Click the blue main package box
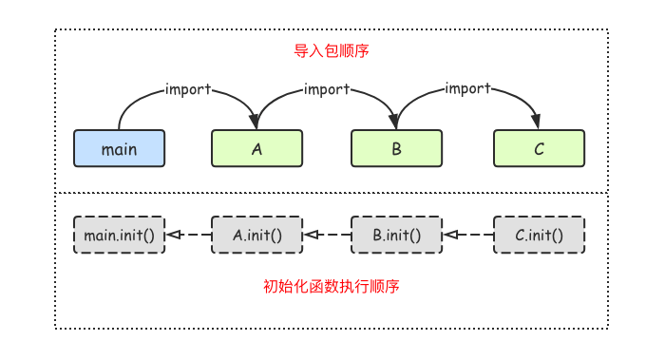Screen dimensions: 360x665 119,148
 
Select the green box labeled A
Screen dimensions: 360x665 256,148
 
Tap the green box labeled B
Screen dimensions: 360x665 397,148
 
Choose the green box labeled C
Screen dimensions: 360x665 539,148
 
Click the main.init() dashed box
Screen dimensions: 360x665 119,234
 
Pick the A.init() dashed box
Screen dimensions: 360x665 256,234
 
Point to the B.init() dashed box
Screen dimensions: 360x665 397,234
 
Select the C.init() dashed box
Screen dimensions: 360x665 539,234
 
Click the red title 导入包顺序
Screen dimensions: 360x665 332,50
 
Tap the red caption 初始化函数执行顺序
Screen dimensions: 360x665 331,286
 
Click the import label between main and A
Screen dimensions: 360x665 188,89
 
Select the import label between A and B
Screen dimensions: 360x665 328,89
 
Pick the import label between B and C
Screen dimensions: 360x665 467,89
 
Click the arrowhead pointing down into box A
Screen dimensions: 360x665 255,121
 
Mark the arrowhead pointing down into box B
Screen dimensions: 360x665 395,121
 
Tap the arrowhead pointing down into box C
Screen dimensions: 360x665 536,121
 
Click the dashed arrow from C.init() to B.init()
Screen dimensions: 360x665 469,234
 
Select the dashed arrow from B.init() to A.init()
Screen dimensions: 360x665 328,234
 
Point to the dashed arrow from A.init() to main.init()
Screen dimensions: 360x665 188,234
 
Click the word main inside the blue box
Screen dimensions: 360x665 119,149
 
